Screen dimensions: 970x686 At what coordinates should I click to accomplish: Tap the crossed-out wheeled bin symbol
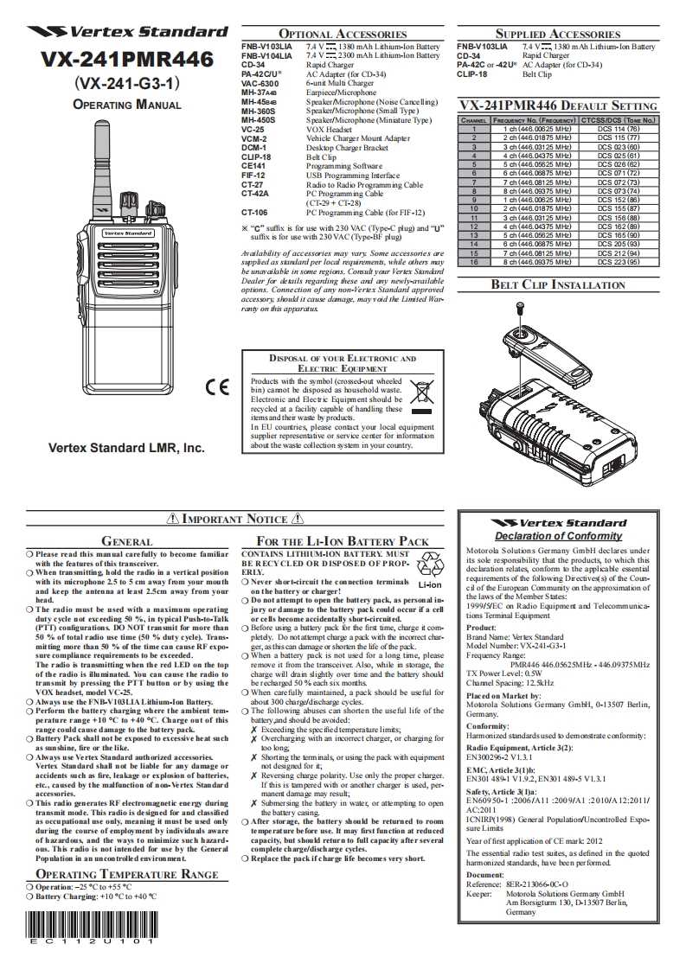point(422,394)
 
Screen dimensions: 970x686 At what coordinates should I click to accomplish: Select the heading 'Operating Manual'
point(127,105)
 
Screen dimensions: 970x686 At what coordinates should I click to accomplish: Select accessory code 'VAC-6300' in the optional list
point(260,83)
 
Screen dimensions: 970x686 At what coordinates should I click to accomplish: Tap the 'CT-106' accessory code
point(254,211)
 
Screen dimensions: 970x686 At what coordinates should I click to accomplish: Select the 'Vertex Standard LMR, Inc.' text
point(126,449)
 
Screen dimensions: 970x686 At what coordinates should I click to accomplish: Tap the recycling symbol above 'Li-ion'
point(430,566)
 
